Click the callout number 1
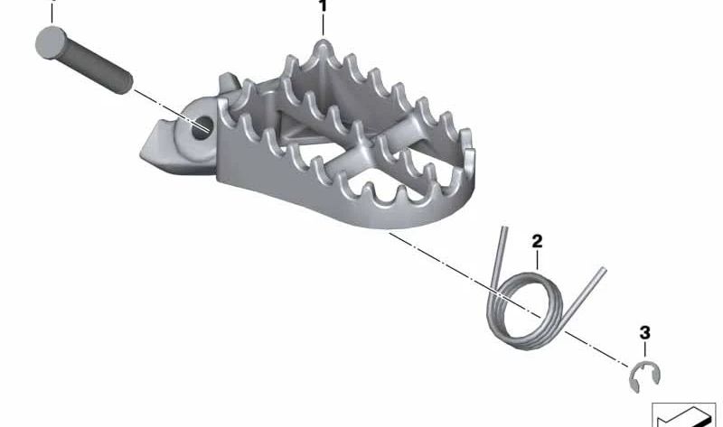323,6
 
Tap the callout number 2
537,241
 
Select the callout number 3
644,333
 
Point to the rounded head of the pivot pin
49,42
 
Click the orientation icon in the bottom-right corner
684,414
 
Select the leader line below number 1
323,25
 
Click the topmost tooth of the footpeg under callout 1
323,43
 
